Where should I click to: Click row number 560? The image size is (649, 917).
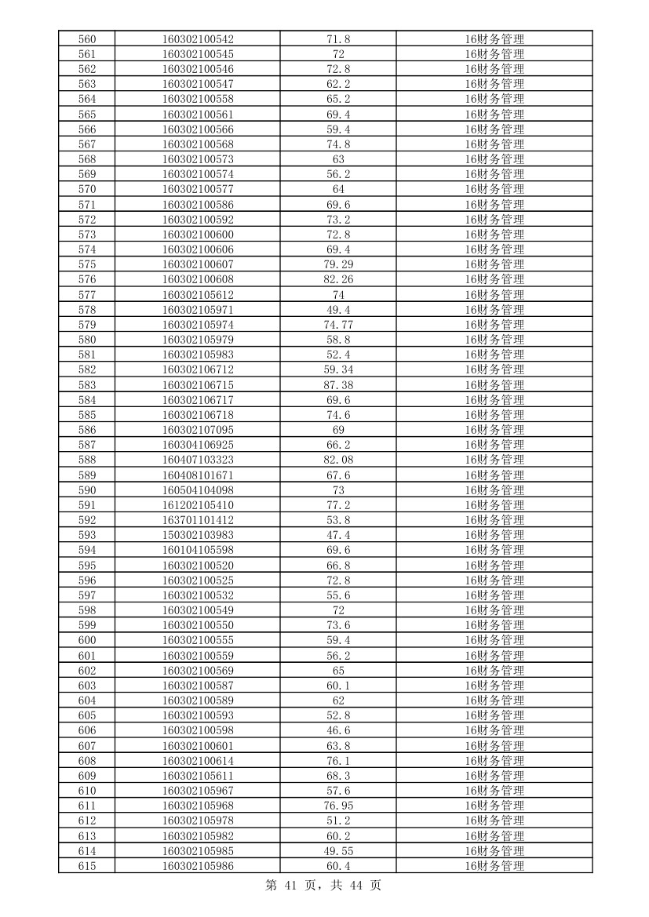87,39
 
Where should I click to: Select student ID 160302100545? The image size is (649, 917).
198,54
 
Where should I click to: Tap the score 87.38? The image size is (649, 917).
338,384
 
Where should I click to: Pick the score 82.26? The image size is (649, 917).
338,279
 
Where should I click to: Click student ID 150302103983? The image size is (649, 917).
198,535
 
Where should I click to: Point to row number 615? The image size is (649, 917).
87,865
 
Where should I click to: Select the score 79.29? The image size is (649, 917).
338,264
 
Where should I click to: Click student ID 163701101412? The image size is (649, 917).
198,520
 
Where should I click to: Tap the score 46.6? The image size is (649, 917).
338,730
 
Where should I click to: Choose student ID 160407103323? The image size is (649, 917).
198,460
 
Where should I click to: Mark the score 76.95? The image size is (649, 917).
338,806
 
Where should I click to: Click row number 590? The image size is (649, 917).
87,489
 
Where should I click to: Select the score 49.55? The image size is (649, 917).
338,850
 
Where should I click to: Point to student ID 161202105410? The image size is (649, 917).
198,505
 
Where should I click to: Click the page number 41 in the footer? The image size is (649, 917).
293,886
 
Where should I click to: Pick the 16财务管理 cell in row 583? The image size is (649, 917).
494,384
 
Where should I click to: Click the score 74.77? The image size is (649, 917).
338,325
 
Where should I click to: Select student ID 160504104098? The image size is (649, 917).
198,489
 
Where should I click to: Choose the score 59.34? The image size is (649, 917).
338,369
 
